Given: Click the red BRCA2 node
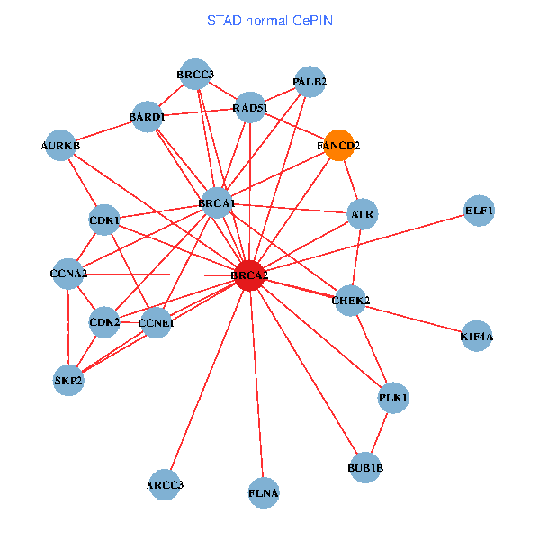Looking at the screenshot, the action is [x=249, y=274].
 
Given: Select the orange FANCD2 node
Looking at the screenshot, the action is [x=338, y=145].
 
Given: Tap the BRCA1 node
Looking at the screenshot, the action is [x=217, y=203].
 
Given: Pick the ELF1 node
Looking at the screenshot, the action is [x=479, y=211].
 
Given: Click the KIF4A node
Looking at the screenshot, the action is [x=476, y=336].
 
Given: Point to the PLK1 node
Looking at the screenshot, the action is [x=393, y=397].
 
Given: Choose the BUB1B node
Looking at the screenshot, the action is [x=365, y=467].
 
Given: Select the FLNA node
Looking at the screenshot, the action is [x=264, y=492].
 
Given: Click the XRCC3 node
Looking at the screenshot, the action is [x=165, y=486].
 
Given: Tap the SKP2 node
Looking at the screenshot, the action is [x=68, y=380].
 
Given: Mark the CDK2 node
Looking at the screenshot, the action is [x=104, y=321].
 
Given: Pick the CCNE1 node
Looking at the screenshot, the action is [x=156, y=322].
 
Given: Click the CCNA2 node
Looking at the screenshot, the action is [x=68, y=273].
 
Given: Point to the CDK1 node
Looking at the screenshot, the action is [x=104, y=220].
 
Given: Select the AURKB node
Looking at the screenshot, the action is [x=61, y=145].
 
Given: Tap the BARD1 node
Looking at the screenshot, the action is [x=147, y=116].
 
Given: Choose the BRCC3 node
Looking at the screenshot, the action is [x=195, y=74].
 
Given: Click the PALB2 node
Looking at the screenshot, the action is [x=310, y=82].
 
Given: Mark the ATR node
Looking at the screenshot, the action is [x=362, y=214].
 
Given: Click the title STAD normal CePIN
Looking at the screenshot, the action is [x=270, y=19].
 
